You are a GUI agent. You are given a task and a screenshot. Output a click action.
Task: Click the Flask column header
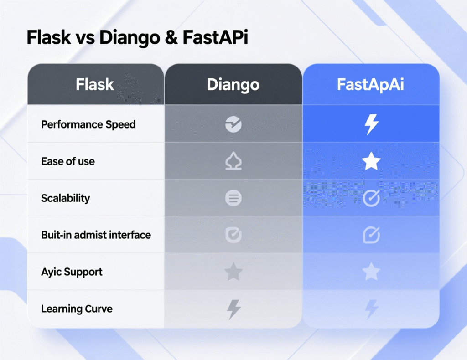(95, 85)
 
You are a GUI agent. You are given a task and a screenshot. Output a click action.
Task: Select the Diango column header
(233, 85)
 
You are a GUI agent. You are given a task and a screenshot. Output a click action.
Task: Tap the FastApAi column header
(370, 85)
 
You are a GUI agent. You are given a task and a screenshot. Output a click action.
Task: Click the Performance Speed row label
(88, 124)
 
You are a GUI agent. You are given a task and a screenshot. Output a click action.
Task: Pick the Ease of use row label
(68, 161)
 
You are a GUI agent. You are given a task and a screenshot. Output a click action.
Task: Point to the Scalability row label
(65, 198)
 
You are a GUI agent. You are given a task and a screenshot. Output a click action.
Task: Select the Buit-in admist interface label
(96, 235)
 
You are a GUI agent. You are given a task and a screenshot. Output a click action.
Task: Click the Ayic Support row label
(72, 272)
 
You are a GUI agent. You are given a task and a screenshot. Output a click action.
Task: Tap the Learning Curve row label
(77, 309)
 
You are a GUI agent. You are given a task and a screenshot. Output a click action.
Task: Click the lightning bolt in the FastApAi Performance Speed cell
(371, 124)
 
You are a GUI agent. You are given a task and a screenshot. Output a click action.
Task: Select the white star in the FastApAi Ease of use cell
(371, 161)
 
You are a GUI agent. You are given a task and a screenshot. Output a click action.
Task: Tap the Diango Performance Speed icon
(233, 124)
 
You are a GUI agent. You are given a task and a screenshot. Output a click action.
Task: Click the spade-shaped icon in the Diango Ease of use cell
(233, 162)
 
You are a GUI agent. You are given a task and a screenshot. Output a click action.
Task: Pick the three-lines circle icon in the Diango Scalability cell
(233, 198)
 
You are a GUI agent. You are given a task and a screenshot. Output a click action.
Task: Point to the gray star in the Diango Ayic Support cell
(233, 272)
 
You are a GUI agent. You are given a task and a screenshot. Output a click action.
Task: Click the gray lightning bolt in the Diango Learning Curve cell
(233, 309)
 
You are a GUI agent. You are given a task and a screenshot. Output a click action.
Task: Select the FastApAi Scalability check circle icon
(371, 198)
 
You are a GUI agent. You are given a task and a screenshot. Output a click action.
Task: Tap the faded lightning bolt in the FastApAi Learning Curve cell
(371, 309)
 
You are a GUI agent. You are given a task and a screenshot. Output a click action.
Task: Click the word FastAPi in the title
(215, 37)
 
